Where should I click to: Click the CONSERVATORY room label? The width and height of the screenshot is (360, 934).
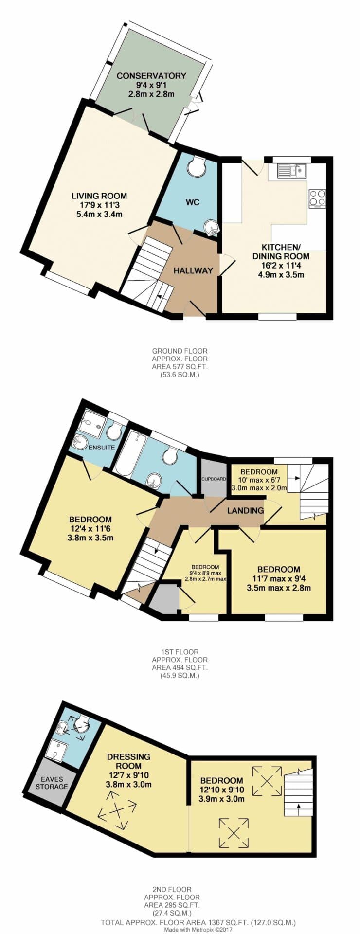tap(151, 76)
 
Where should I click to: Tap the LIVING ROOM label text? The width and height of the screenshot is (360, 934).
tap(99, 196)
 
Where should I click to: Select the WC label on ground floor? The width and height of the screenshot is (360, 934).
tap(193, 202)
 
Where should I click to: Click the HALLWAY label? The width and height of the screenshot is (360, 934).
tap(193, 270)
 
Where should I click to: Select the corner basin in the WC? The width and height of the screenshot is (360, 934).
tap(212, 227)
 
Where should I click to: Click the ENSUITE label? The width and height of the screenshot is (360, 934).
tap(101, 447)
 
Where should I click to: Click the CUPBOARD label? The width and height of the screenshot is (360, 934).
tap(214, 479)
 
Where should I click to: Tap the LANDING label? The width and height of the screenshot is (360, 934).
tap(246, 510)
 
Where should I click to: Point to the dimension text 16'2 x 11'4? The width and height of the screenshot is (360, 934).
tap(281, 266)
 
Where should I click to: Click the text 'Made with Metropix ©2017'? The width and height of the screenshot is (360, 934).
tap(198, 929)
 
